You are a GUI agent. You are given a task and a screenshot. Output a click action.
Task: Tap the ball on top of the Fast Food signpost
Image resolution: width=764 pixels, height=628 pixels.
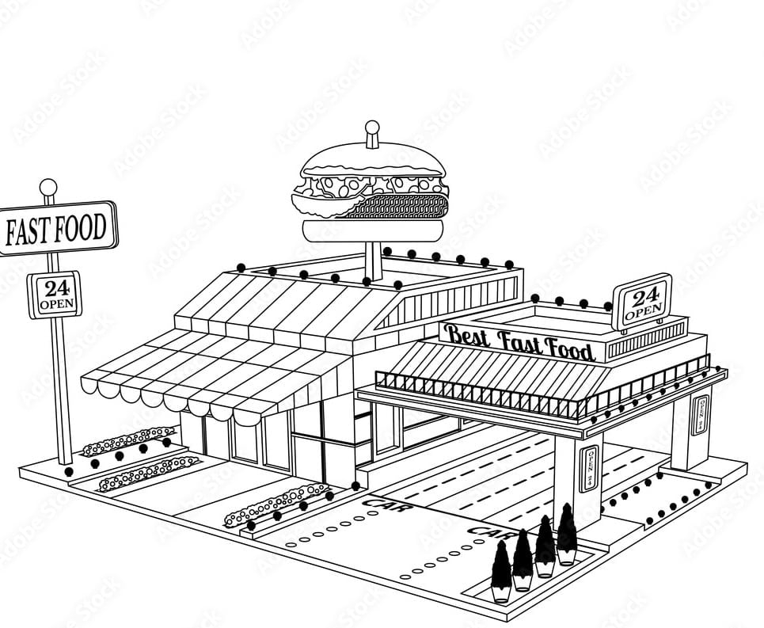(x=48, y=188)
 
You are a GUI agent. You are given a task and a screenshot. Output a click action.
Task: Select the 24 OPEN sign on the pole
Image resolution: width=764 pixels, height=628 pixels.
(x=55, y=295)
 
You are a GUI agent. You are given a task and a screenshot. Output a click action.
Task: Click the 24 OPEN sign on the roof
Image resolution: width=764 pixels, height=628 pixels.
(x=642, y=303)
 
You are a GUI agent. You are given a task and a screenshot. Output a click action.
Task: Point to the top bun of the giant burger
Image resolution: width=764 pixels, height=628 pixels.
(x=372, y=162)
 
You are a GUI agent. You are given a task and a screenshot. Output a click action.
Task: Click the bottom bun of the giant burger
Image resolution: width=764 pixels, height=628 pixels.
(x=372, y=230)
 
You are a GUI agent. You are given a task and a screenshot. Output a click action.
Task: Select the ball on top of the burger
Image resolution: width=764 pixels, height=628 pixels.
(x=372, y=128)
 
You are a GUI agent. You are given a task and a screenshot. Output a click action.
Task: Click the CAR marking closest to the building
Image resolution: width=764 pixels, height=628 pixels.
(x=386, y=503)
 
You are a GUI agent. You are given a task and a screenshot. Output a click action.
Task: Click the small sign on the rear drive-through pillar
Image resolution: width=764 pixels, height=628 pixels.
(x=701, y=414)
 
